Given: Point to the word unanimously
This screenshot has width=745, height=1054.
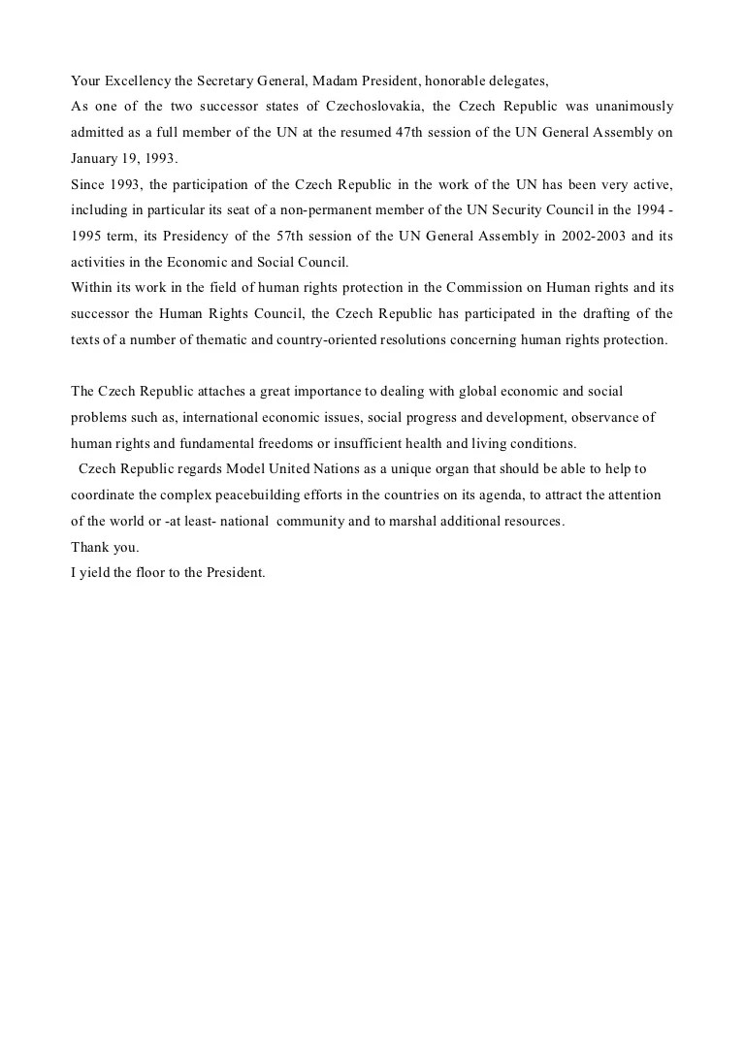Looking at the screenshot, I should coord(633,105).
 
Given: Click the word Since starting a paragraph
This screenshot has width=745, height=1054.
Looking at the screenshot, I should coord(88,183).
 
